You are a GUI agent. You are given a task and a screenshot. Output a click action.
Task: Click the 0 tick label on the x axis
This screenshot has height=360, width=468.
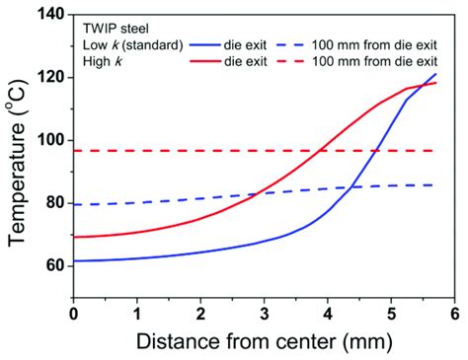click(x=73, y=313)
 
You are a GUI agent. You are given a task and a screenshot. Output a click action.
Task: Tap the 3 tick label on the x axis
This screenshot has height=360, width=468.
click(x=264, y=313)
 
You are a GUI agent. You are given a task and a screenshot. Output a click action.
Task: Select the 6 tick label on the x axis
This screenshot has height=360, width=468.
click(x=454, y=313)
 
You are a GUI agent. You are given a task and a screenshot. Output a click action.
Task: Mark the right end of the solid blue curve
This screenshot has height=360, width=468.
click(x=435, y=74)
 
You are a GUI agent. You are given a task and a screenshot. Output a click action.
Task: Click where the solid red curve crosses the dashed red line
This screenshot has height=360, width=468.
click(x=322, y=151)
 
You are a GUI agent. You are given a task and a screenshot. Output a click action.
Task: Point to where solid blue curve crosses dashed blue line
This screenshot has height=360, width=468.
click(x=352, y=186)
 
